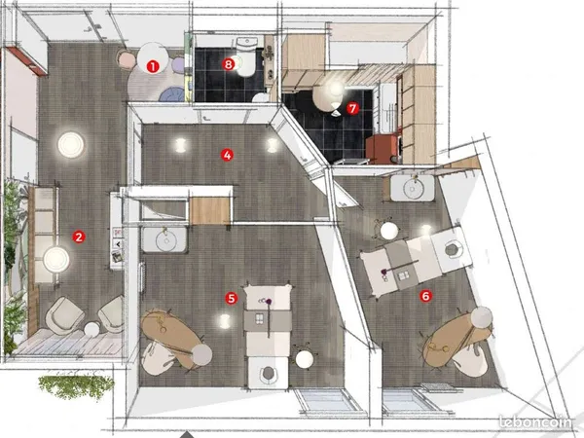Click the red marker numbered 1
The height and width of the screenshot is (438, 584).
tap(153, 66)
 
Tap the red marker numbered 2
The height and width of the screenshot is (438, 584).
tap(79, 237)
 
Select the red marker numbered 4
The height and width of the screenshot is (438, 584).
tap(227, 155)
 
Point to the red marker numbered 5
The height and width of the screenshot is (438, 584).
tap(232, 299)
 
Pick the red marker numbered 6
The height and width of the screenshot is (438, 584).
tap(425, 296)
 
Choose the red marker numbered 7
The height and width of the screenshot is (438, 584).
tap(352, 108)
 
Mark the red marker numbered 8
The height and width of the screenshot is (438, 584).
tap(229, 64)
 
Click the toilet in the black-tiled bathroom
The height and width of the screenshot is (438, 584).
tap(246, 56)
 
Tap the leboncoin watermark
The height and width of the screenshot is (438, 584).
tap(534, 422)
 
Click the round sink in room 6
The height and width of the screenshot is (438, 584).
tap(413, 188)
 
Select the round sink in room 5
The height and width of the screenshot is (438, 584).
tap(164, 240)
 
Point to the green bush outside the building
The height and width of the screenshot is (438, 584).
tap(76, 385)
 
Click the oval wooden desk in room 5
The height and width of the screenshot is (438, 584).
tap(171, 337)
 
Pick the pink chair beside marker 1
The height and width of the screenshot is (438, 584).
tap(127, 59)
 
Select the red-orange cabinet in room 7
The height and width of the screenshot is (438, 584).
tap(383, 149)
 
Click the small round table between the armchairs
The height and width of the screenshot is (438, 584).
tap(91, 330)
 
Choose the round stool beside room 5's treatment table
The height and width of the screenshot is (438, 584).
tap(305, 359)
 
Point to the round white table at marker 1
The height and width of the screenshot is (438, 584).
tap(153, 58)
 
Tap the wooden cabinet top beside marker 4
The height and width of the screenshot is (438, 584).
tap(210, 211)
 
